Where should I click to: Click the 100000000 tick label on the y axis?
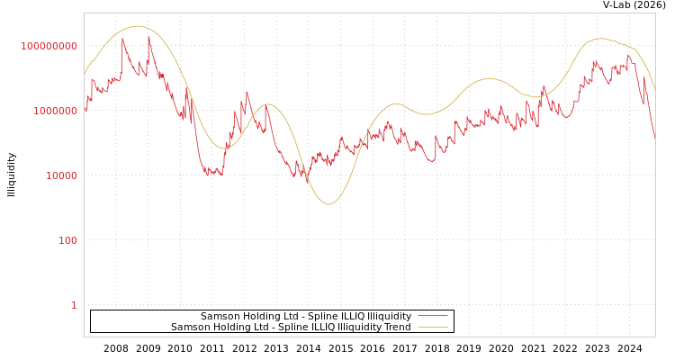pyautogui.click(x=49, y=46)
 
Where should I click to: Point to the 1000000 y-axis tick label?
pyautogui.click(x=55, y=111)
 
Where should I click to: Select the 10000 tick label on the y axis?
pyautogui.click(x=61, y=175)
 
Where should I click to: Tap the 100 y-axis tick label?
pyautogui.click(x=67, y=240)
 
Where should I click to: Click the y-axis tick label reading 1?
pyautogui.click(x=74, y=305)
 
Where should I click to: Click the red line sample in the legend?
pyautogui.click(x=433, y=317)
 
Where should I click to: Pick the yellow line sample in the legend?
pyautogui.click(x=433, y=328)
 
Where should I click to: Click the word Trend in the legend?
pyautogui.click(x=396, y=328)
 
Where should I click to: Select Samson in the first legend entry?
pyautogui.click(x=219, y=317)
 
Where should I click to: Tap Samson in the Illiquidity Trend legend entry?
pyautogui.click(x=189, y=328)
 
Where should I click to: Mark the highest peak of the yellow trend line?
pyautogui.click(x=137, y=26)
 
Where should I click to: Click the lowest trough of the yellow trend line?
pyautogui.click(x=328, y=204)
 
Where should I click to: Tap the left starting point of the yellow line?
pyautogui.click(x=85, y=75)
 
